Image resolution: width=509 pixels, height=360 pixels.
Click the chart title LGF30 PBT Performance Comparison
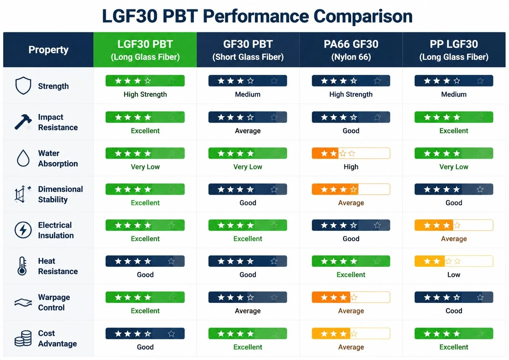tap(257, 16)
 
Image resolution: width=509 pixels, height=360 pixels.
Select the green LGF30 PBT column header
tap(145, 50)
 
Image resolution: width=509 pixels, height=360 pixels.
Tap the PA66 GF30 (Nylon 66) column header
tap(351, 50)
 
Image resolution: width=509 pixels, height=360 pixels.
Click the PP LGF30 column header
tap(454, 50)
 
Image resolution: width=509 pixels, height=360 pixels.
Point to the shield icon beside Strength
tap(23, 85)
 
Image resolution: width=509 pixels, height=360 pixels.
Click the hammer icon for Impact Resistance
tap(23, 122)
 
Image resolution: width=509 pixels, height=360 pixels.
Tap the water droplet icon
tap(23, 158)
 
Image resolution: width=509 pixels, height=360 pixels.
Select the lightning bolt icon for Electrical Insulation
tap(23, 230)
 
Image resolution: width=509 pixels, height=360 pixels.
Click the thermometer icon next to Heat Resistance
tap(22, 266)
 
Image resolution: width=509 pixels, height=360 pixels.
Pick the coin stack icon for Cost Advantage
tap(23, 338)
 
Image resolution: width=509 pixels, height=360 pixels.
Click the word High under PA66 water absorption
tap(351, 167)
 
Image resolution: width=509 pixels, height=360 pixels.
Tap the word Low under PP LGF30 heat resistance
tap(454, 275)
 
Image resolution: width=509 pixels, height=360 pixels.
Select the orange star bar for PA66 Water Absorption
tap(351, 153)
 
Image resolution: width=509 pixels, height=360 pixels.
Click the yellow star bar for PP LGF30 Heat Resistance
tap(454, 261)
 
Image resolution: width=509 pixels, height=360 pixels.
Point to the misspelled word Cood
tap(454, 311)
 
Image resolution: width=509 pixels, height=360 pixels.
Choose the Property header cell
tap(48, 50)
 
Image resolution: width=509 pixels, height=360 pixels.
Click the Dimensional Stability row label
tap(60, 194)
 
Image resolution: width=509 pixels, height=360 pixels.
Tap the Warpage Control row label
tap(54, 302)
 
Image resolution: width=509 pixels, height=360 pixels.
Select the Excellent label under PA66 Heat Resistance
tap(351, 275)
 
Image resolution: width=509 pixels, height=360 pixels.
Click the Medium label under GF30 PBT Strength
tap(248, 94)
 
